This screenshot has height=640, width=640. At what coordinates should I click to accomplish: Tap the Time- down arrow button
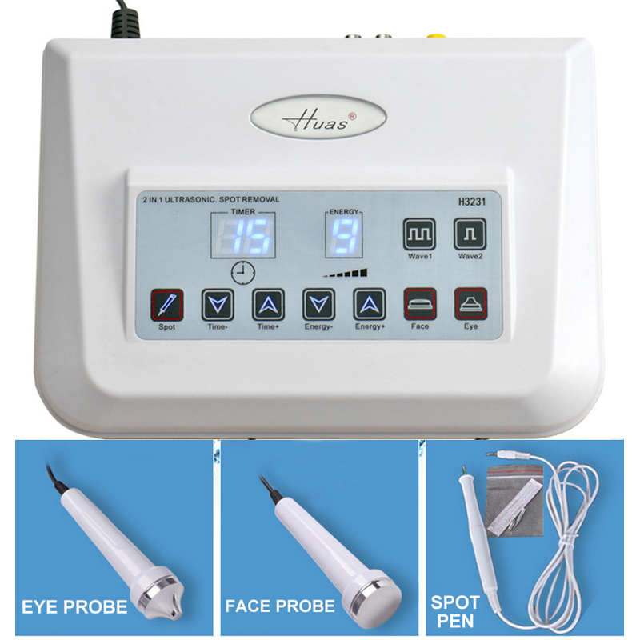218,305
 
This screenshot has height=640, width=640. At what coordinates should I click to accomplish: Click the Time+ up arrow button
268,305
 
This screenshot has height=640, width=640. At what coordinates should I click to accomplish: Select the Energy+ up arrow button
370,305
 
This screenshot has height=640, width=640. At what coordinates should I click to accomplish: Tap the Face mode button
420,305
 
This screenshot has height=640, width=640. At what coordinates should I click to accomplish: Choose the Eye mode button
470,305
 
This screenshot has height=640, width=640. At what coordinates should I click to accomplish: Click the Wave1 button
419,234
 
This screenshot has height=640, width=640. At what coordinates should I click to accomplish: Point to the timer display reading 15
243,235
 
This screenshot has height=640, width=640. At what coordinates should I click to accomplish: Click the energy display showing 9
344,235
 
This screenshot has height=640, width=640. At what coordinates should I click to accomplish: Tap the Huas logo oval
318,117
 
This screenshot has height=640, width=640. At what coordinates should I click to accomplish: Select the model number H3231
472,202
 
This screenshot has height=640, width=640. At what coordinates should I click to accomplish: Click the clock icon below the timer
243,272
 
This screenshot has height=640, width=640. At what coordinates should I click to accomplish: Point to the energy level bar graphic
346,273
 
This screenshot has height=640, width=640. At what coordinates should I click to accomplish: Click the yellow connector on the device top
436,36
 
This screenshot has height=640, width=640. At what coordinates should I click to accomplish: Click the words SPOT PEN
454,611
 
